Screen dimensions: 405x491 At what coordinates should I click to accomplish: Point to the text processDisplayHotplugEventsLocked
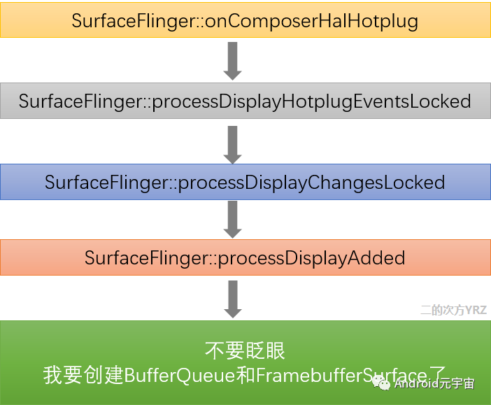click(311, 101)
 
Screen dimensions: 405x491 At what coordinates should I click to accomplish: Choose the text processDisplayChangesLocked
click(311, 183)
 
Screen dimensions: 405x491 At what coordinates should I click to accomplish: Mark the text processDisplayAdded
click(311, 257)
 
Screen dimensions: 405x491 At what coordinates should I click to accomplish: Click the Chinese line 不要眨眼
click(245, 351)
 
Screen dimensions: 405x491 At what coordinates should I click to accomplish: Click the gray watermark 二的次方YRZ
click(453, 310)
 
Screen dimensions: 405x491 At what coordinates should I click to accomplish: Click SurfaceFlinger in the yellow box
click(133, 21)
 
